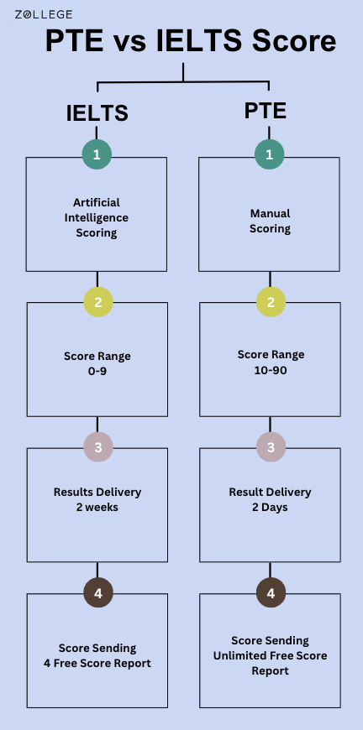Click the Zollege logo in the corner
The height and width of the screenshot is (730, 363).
pos(43,14)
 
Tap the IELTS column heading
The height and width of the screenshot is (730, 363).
pos(97,113)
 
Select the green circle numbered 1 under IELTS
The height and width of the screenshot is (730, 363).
pos(97,155)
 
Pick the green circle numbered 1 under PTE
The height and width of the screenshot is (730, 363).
pos(269,155)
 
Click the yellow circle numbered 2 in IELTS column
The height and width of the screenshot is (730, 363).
pos(97,302)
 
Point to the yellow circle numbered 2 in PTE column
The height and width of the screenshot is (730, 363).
pos(271,302)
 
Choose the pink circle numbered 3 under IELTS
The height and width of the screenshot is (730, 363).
pos(97,448)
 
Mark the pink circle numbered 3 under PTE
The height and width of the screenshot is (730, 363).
pos(271,448)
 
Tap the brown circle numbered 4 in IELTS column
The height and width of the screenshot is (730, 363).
pos(97,593)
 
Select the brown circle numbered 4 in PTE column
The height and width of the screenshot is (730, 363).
pos(271,593)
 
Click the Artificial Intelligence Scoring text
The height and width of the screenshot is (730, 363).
pos(97,217)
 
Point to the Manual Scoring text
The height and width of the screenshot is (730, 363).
pos(270,221)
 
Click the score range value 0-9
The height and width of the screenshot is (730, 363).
pos(97,370)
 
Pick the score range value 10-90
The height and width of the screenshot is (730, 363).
pos(271,368)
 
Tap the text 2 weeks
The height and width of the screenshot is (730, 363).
pos(97,506)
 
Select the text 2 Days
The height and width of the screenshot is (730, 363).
pos(271,507)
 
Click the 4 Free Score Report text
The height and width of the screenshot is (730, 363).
pos(97,662)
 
